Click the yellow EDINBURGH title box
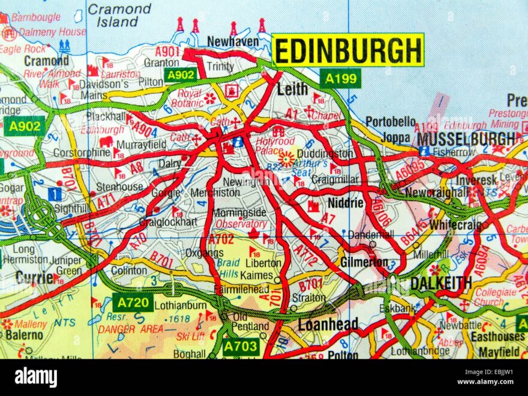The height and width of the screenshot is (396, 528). [x=348, y=50]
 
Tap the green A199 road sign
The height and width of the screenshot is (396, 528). [x=340, y=78]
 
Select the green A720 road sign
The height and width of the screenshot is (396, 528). [x=133, y=302]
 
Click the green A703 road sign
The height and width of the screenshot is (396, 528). [x=241, y=346]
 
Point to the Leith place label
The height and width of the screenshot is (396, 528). [x=292, y=89]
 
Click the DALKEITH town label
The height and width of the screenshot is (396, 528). [x=441, y=283]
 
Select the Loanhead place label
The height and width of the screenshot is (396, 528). [x=328, y=325]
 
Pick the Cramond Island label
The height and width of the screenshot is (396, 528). [x=119, y=16]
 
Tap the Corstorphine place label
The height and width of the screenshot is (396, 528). [x=82, y=152]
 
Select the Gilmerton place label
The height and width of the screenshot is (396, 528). [x=364, y=262]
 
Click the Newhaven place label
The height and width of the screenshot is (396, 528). [x=233, y=41]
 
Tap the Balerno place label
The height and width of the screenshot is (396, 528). [x=25, y=334]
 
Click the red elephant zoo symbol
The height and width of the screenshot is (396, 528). [x=106, y=142]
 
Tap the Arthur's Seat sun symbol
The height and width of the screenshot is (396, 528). [x=287, y=158]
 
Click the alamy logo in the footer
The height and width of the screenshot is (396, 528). [x=36, y=377]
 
